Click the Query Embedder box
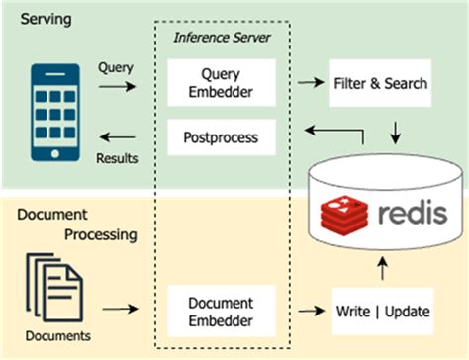(x=215, y=83)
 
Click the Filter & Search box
(x=377, y=83)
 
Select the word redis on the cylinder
(x=406, y=214)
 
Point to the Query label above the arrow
(x=117, y=68)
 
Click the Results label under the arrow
(x=117, y=157)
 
